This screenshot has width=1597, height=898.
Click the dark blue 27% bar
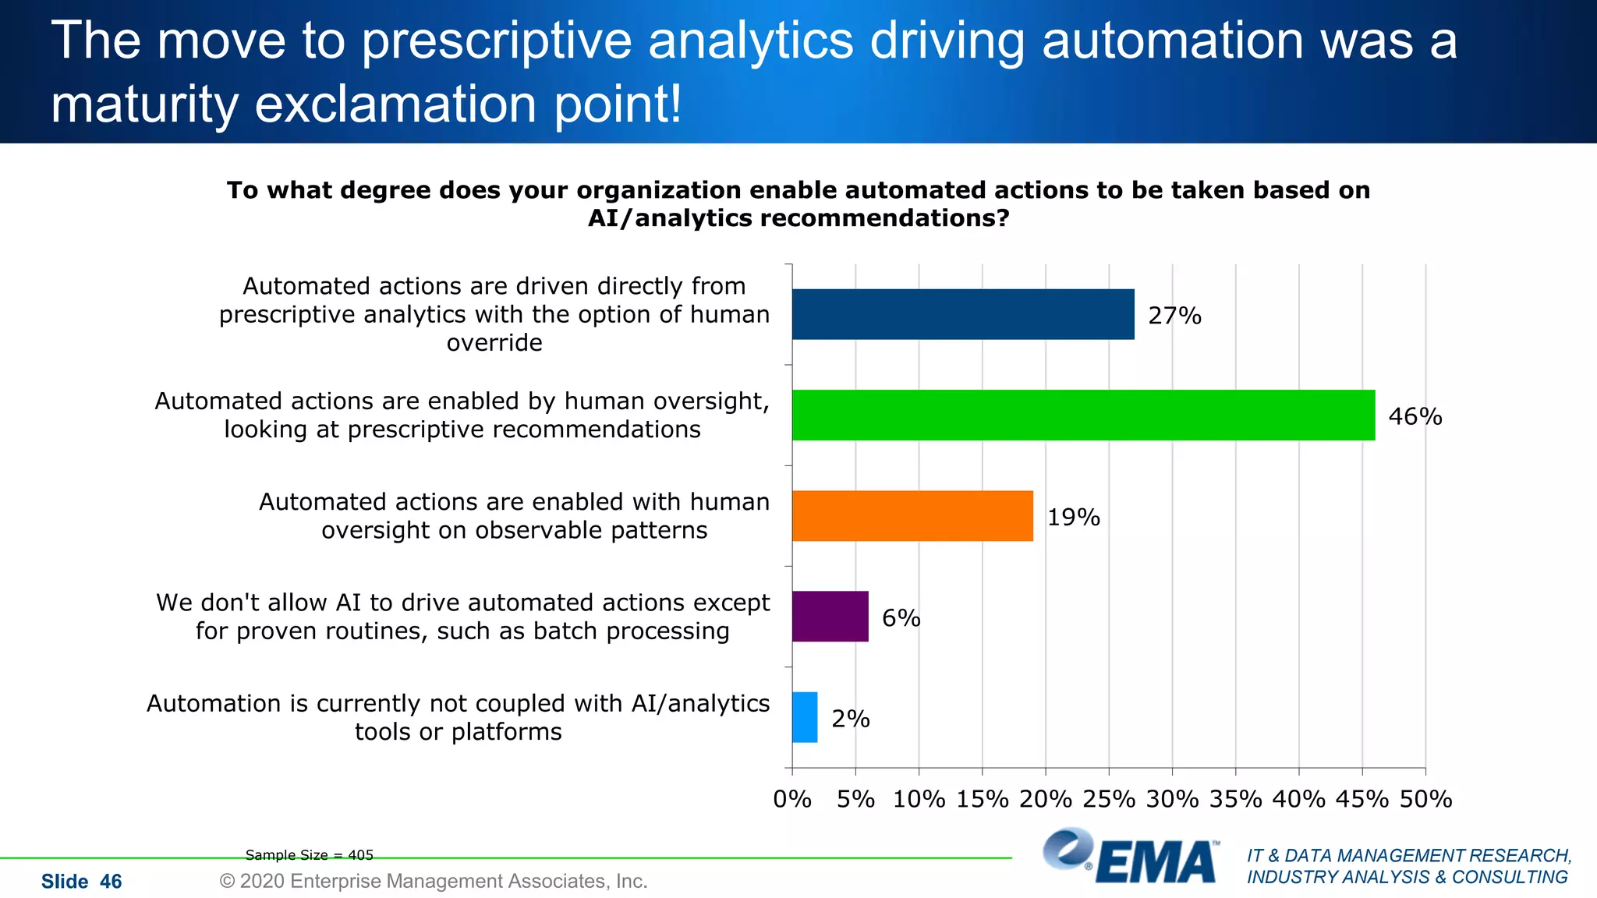tap(963, 314)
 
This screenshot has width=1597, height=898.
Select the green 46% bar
tap(1083, 415)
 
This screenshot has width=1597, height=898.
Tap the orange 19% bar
tap(912, 515)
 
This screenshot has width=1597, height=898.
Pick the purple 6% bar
tap(830, 616)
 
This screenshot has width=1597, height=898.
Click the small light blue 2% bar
tap(805, 717)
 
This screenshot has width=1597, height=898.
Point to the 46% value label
tap(1415, 416)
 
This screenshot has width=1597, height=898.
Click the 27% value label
tap(1174, 316)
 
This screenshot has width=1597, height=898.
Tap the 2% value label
tap(850, 719)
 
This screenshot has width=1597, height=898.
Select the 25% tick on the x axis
tap(1109, 799)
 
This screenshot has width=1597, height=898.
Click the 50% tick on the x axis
tap(1425, 799)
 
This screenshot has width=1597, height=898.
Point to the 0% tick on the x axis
tap(792, 799)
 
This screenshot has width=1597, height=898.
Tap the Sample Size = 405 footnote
tap(310, 855)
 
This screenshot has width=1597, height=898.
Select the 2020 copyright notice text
tap(434, 881)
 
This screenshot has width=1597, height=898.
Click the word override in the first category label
tap(494, 343)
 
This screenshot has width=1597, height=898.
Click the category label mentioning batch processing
tap(462, 617)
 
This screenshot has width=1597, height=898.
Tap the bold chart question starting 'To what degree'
tap(798, 203)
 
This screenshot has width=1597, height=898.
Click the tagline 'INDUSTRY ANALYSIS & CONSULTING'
tap(1407, 877)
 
